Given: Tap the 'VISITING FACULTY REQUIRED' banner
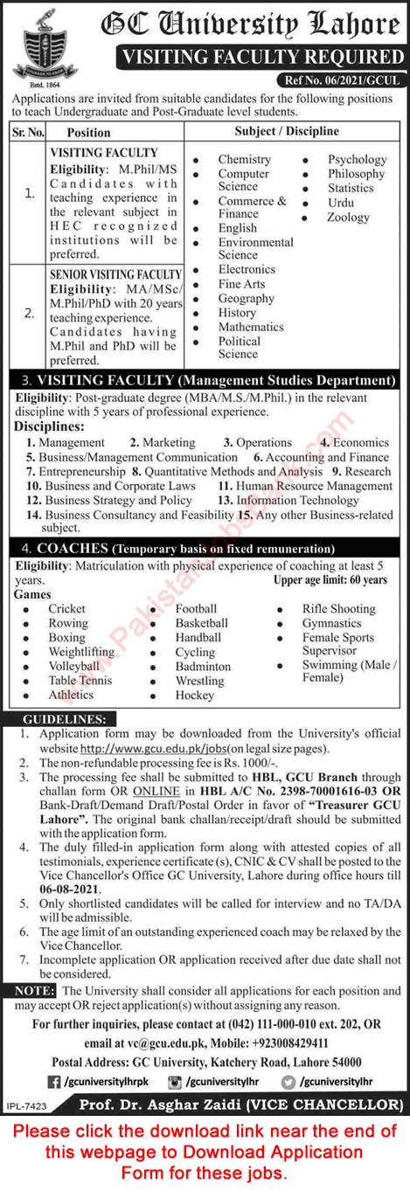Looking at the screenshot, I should [x=261, y=58].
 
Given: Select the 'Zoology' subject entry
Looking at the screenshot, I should [x=348, y=217].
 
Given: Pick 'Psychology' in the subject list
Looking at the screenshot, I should [x=357, y=160].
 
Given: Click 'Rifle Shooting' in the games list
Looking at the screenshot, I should [x=338, y=609].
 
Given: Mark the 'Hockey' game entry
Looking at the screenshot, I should [x=194, y=696].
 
